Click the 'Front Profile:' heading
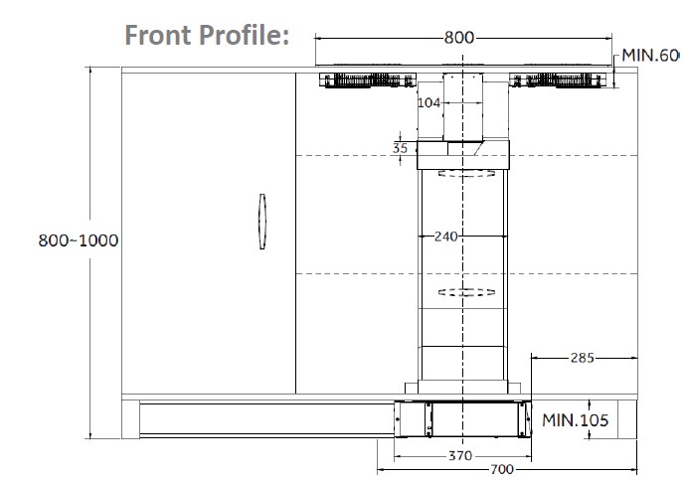pos(207,35)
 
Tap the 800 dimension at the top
pos(458,38)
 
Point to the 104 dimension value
pos(429,102)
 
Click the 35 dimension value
pos(401,148)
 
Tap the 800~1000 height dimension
pos(78,240)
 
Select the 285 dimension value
pos(581,356)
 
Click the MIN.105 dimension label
pos(576,419)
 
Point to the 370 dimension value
pos(458,455)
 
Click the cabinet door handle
pos(261,223)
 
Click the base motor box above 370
pos(460,417)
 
